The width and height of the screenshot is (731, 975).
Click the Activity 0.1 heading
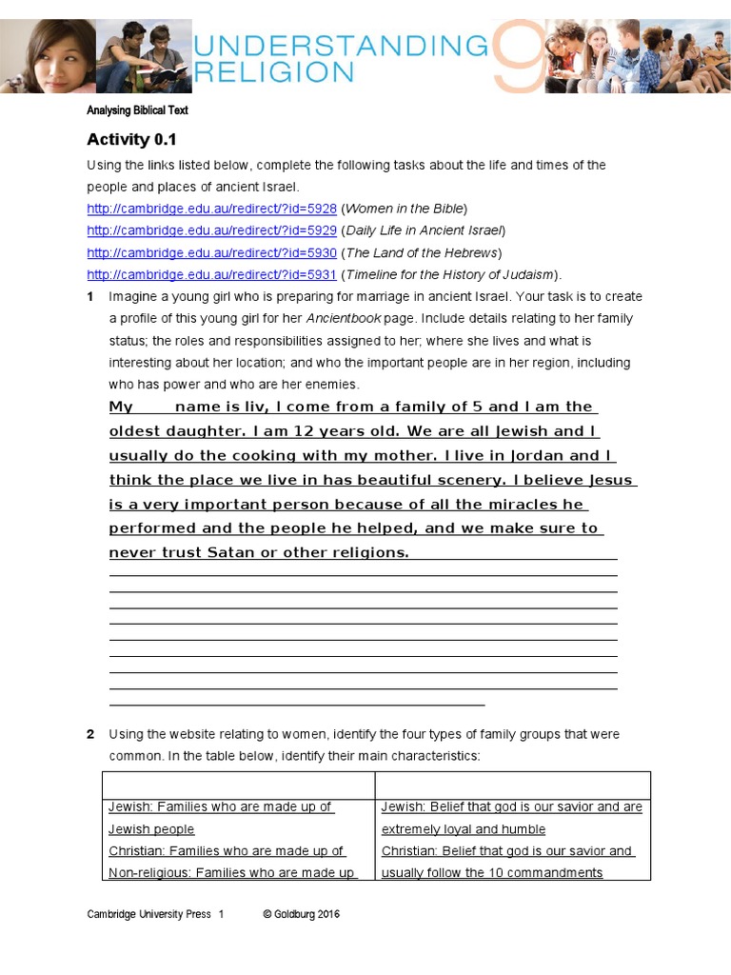click(131, 139)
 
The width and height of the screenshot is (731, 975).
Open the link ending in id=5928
click(211, 209)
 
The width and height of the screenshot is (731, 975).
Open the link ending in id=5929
click(211, 230)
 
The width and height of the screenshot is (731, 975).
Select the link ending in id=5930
click(211, 252)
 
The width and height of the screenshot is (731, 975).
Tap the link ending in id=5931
click(211, 274)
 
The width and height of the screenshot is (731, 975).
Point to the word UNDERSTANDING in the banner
click(341, 45)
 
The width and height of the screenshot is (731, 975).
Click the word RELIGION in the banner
click(274, 70)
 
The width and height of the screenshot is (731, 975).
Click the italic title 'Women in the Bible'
click(405, 209)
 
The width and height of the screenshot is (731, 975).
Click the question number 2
click(90, 734)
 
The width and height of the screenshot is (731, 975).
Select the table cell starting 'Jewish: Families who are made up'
click(220, 807)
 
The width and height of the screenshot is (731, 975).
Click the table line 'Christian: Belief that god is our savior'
click(506, 851)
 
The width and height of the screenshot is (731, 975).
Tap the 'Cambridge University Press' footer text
click(148, 914)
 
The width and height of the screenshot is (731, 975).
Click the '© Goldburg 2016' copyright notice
click(301, 914)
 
